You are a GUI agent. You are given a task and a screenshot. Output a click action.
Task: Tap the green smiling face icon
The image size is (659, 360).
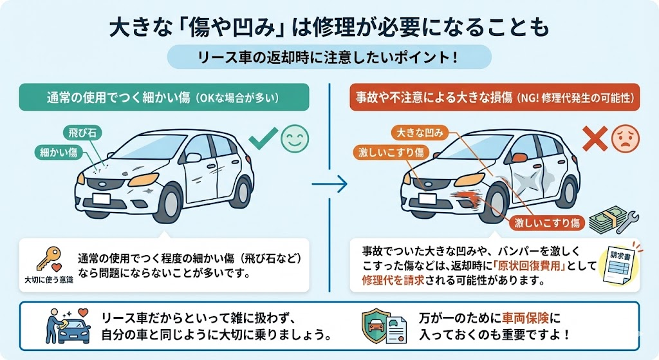[294, 140]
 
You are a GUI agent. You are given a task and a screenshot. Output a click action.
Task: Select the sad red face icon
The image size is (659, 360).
[622, 140]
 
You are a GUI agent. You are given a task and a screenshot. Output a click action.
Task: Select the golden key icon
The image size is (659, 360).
[48, 256]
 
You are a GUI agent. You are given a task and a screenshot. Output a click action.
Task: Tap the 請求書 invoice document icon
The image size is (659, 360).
[618, 264]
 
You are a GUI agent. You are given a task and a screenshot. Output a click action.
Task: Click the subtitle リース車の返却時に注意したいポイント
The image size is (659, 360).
[329, 57]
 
